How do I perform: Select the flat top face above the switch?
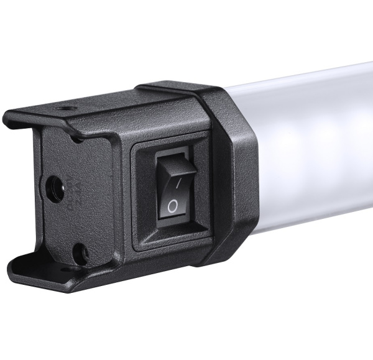[155, 115]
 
